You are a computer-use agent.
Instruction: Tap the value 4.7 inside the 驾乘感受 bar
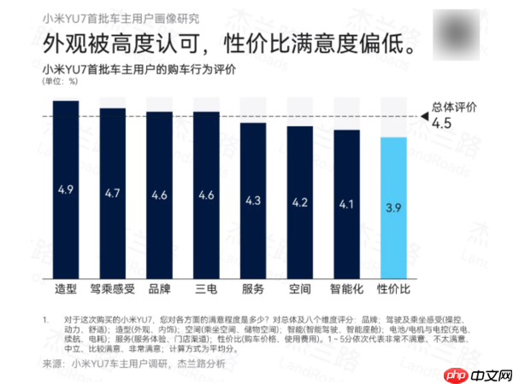click(112, 194)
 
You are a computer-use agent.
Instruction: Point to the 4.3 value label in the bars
click(252, 201)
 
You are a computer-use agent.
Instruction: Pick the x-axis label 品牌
click(159, 288)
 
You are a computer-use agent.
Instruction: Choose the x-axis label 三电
click(205, 288)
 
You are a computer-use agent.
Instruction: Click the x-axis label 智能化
click(346, 288)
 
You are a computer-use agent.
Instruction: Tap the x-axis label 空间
click(299, 288)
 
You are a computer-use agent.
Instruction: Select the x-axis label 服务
click(252, 288)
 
